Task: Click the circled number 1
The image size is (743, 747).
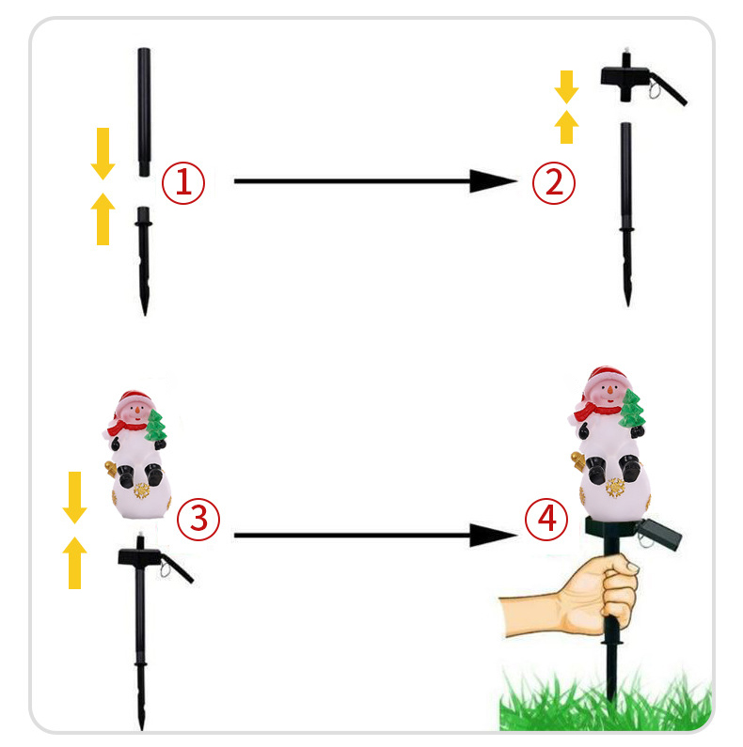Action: pos(183,183)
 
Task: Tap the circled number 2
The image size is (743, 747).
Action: pos(554,183)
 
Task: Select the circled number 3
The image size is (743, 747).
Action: pos(198,519)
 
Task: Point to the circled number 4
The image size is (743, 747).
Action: pos(546,519)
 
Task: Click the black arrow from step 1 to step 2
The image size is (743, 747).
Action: pos(375,181)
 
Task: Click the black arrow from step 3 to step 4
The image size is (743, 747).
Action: pos(375,536)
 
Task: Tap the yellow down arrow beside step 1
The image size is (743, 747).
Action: pos(103,153)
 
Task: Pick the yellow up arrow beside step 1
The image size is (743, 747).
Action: pos(103,219)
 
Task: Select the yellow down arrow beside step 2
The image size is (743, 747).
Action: pos(566,86)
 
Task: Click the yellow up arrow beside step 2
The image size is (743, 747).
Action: pos(566,127)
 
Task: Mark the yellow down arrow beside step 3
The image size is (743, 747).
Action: pos(75,497)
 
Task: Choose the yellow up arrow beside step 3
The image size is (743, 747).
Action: pos(75,563)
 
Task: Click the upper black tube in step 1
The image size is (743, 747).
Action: pos(144,112)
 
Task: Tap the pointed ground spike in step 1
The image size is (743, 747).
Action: pos(144,260)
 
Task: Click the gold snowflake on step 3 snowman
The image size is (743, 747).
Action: pos(141,490)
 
